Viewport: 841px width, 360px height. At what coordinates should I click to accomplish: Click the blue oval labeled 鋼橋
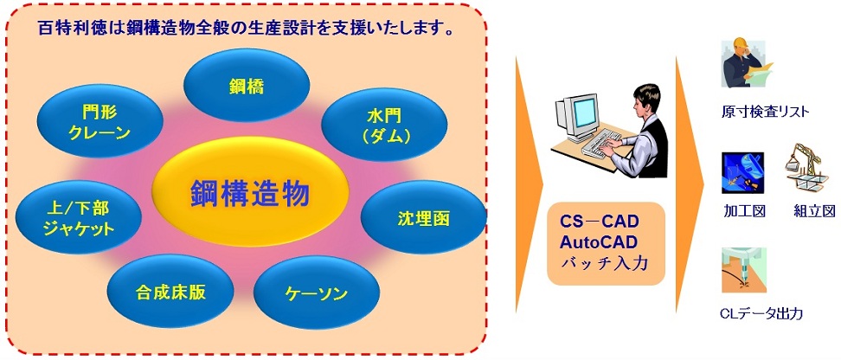pyautogui.click(x=247, y=87)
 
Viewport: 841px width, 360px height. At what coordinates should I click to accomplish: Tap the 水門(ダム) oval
pyautogui.click(x=384, y=125)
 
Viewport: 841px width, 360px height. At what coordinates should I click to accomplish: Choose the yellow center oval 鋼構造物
pyautogui.click(x=250, y=192)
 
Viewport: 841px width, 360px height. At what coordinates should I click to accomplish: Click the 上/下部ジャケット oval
pyautogui.click(x=79, y=217)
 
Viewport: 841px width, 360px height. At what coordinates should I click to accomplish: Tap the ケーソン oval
pyautogui.click(x=317, y=293)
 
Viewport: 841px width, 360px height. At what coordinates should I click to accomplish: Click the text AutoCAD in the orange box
pyautogui.click(x=599, y=242)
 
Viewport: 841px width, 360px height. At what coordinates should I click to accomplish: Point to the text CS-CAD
pyautogui.click(x=600, y=221)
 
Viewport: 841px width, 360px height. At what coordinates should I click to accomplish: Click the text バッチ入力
pyautogui.click(x=604, y=264)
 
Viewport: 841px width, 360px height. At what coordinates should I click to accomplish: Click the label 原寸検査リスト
pyautogui.click(x=765, y=112)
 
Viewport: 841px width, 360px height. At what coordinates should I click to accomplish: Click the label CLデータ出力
pyautogui.click(x=762, y=313)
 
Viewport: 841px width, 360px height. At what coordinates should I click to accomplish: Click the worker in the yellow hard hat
pyautogui.click(x=745, y=63)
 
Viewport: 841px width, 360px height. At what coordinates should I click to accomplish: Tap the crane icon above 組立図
pyautogui.click(x=803, y=165)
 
